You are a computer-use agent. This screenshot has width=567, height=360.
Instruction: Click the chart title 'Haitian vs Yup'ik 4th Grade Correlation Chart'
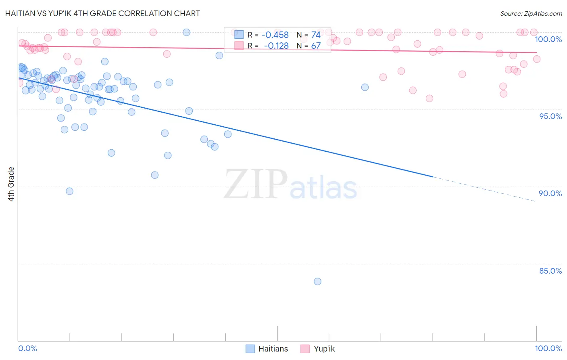pos(102,13)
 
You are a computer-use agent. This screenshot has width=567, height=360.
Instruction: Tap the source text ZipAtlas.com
pos(531,13)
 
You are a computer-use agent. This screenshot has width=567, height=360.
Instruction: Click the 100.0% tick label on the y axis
pos(548,39)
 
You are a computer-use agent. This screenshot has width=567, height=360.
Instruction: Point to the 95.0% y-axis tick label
pos(550,116)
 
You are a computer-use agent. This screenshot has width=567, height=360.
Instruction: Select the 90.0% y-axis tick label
pos(550,193)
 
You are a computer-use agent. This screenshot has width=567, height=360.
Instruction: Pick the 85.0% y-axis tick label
pos(550,271)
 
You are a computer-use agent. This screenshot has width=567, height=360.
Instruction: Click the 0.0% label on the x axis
pos(27,348)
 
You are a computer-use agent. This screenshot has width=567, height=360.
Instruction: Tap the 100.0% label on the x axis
pos(548,348)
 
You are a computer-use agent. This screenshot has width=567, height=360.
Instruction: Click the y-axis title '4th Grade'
pos(11,184)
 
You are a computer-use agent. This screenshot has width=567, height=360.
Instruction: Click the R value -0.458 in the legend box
pos(275,35)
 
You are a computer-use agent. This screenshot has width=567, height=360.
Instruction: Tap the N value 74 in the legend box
pos(316,35)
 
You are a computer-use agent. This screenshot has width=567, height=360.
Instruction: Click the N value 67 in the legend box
pos(316,46)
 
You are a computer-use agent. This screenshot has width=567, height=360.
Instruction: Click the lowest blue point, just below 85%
pos(317,281)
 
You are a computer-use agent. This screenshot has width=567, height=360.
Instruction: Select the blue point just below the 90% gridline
pos(69,191)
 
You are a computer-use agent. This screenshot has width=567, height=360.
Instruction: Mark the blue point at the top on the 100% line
pos(186,32)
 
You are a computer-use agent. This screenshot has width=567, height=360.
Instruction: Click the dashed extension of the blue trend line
pos(484,189)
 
